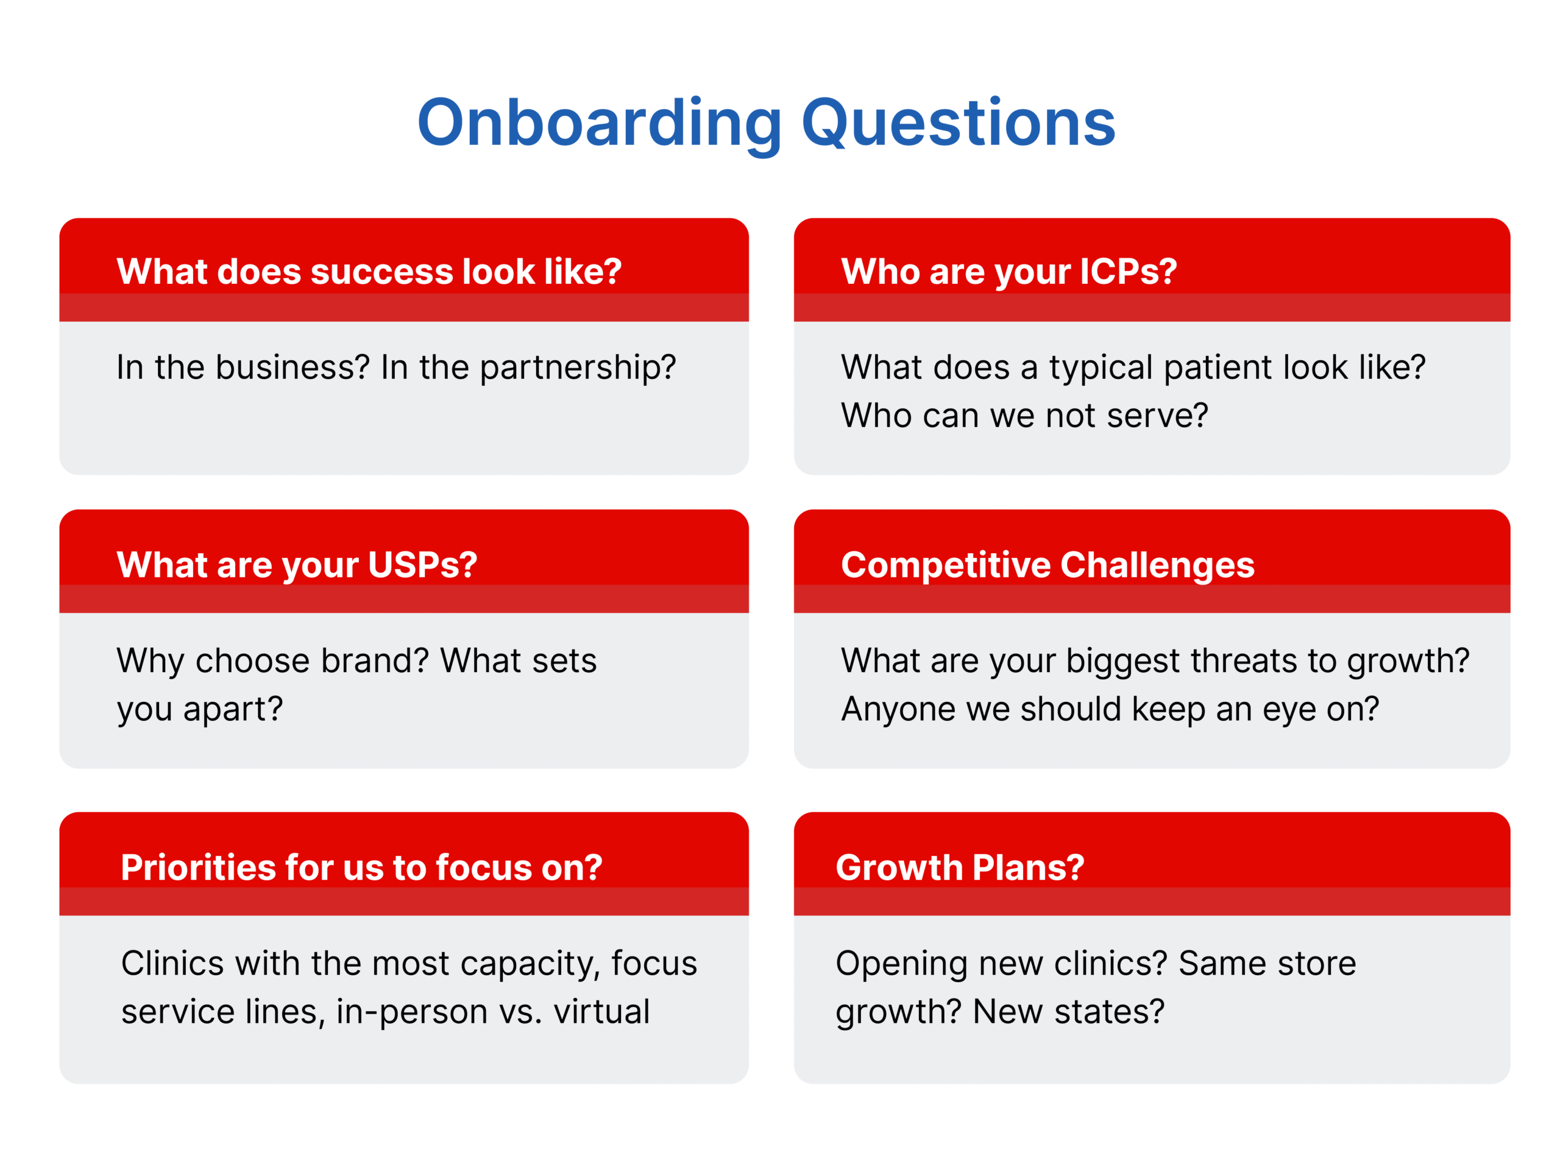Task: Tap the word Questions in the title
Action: [x=959, y=124]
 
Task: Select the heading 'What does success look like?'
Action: [x=369, y=271]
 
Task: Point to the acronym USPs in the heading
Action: [x=422, y=564]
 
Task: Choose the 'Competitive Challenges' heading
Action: [x=1048, y=565]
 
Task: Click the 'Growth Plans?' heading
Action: [x=960, y=868]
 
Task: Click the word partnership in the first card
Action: [x=570, y=368]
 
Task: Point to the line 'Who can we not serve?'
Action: [x=1024, y=416]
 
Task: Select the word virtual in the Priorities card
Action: [x=601, y=1012]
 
